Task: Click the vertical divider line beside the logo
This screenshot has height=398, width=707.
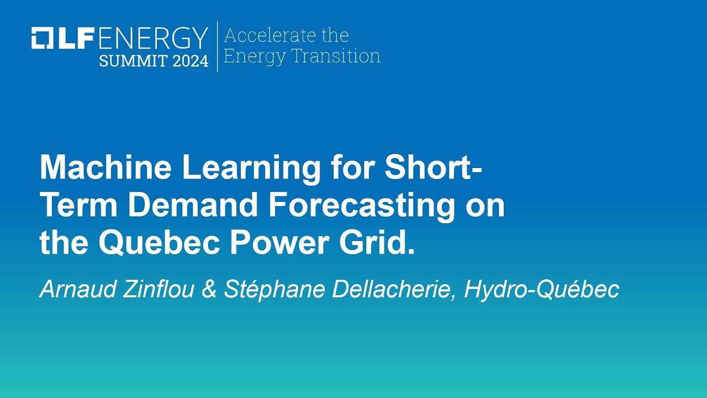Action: pos(217,46)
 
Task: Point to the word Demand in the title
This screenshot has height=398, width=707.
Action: pos(193,206)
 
